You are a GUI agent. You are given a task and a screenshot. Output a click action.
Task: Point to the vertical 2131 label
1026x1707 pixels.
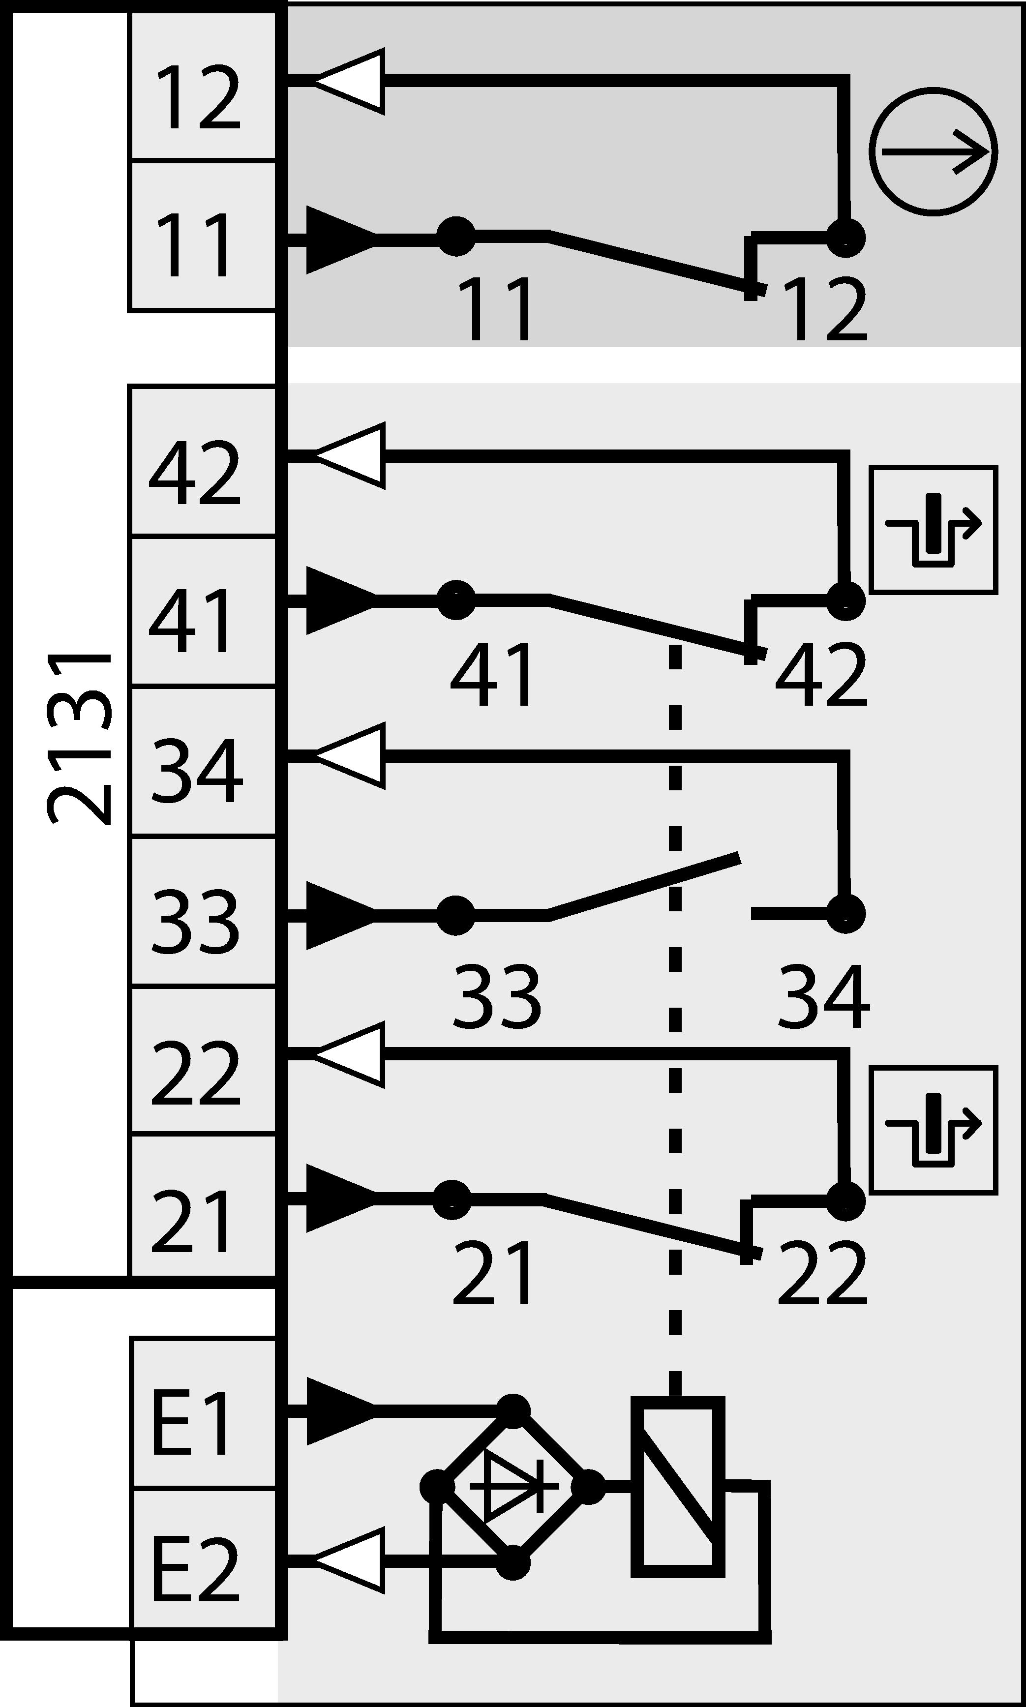pyautogui.click(x=80, y=740)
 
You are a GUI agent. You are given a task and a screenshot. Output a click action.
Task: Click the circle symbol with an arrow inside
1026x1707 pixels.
pyautogui.click(x=933, y=151)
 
